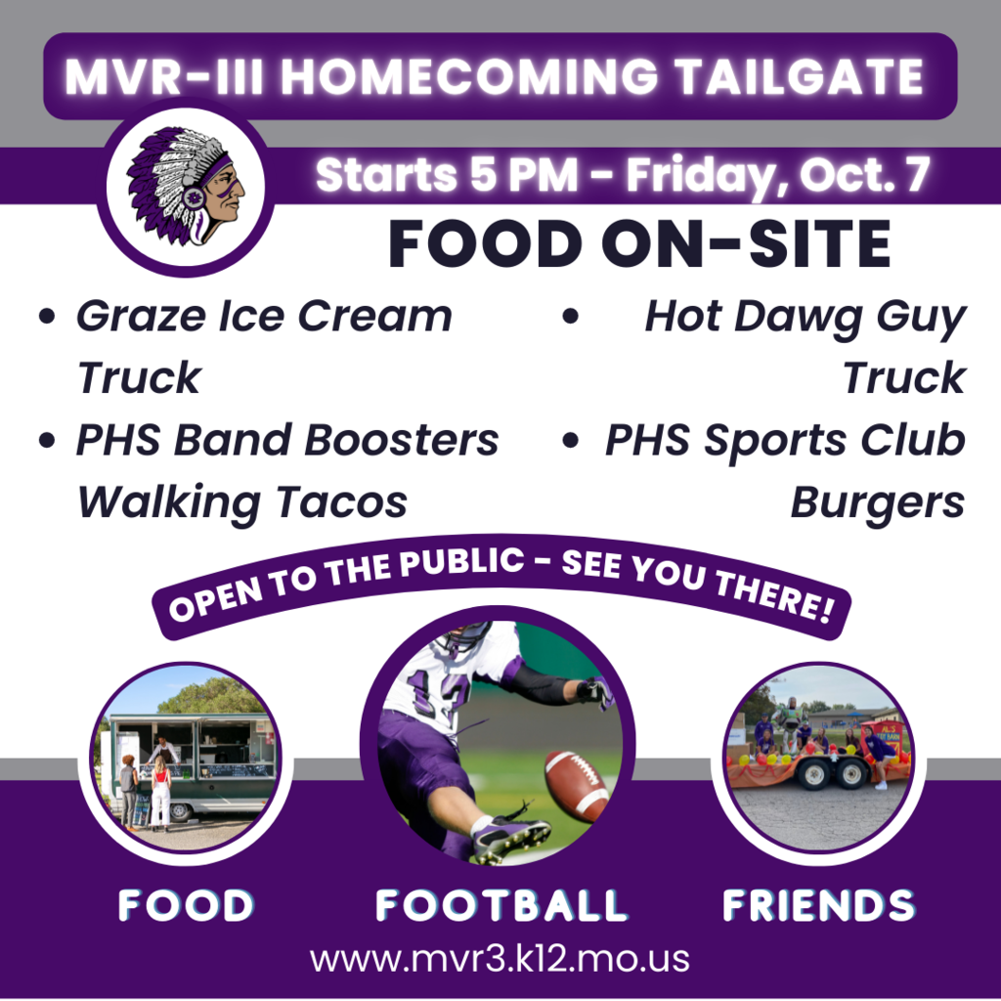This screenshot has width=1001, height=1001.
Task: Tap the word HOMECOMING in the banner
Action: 469,76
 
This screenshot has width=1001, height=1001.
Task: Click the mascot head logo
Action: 186,186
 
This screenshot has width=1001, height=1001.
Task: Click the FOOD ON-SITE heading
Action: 639,243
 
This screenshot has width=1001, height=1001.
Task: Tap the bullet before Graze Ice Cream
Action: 47,316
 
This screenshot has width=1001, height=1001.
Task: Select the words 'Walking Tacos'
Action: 242,502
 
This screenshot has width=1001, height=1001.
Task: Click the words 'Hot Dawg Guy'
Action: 805,318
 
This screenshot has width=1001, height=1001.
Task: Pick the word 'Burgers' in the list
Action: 878,502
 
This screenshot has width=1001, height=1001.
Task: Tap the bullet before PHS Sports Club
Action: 570,440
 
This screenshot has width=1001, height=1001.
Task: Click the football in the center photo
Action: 576,786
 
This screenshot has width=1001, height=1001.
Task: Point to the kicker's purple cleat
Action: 510,837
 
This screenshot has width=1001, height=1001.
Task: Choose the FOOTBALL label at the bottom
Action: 501,904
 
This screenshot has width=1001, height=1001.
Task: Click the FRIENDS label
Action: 819,904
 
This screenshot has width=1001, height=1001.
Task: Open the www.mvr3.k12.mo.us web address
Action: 500,959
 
